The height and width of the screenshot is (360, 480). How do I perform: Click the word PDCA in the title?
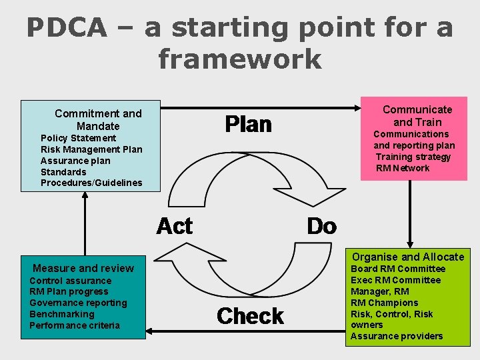tap(67, 28)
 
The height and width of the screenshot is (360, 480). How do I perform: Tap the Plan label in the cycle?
tap(248, 124)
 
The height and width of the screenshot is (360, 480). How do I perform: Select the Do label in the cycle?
tap(321, 227)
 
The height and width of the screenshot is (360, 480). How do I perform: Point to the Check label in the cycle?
tap(250, 315)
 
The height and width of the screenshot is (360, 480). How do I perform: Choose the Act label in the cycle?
tap(174, 227)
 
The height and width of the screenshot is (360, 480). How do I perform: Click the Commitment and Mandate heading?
tap(98, 119)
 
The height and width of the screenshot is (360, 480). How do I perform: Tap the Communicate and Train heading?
tap(417, 115)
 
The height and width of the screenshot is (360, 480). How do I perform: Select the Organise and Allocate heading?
tap(408, 257)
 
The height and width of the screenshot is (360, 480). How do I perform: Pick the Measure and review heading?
tap(83, 268)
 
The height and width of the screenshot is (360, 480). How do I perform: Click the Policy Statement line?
tap(78, 138)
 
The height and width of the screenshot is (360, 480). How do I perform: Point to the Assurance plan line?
tap(75, 161)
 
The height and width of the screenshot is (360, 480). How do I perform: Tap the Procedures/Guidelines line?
tap(91, 183)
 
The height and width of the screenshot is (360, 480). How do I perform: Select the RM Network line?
tap(403, 168)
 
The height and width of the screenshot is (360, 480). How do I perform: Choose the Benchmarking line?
tap(62, 314)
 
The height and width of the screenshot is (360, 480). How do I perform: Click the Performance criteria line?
tap(75, 325)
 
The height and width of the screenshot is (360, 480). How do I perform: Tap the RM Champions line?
tap(385, 303)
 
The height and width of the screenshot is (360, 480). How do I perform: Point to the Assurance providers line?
tap(397, 336)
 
